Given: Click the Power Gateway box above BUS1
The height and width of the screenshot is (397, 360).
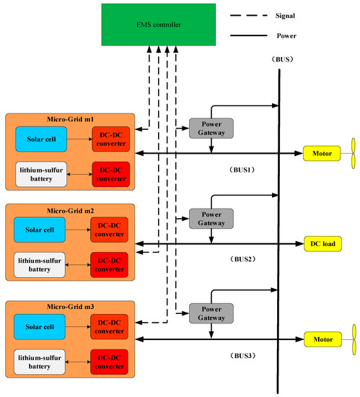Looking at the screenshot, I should tap(210, 128).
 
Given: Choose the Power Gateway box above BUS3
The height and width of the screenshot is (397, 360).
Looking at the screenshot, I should tap(210, 313).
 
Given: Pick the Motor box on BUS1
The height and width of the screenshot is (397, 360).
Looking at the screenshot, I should tap(321, 153).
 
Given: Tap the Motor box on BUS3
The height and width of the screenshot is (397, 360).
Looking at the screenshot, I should tap(321, 338).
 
